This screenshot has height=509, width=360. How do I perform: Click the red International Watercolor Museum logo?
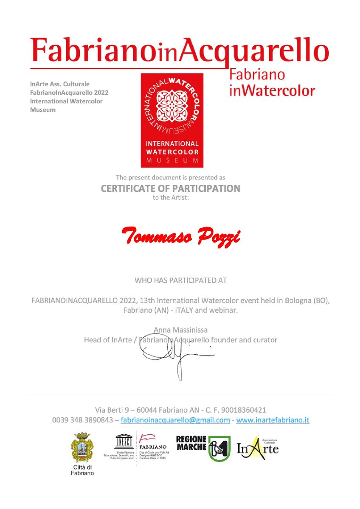(x=172, y=120)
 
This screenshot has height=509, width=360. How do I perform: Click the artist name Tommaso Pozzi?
(x=180, y=234)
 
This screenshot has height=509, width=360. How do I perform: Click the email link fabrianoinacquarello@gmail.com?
(x=175, y=420)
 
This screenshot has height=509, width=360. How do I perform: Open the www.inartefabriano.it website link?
(x=273, y=420)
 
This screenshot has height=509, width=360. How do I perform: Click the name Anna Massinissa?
(x=180, y=330)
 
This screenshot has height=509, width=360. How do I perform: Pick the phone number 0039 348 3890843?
(x=82, y=420)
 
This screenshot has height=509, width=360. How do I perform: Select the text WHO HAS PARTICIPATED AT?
(x=180, y=280)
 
